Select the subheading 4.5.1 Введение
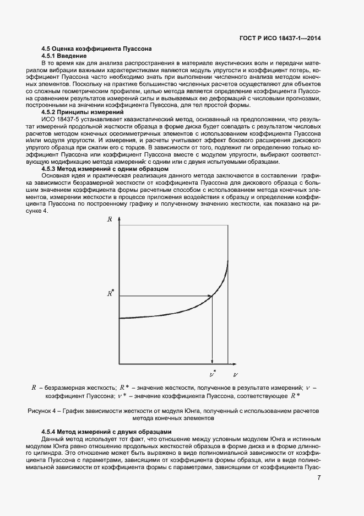[x=64, y=56]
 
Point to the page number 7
[x=319, y=477]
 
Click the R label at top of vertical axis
[x=110, y=219]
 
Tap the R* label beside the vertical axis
[x=110, y=293]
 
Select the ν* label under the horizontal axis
[x=213, y=373]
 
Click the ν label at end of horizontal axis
[x=235, y=374]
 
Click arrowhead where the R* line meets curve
[x=210, y=297]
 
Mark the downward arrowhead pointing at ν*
[x=212, y=361]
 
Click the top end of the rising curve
[x=227, y=261]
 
